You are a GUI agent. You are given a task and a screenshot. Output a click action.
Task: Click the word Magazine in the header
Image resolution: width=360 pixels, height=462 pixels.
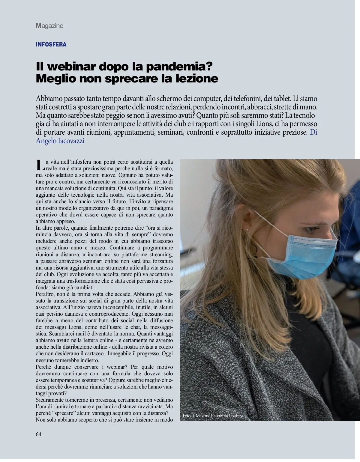(49, 26)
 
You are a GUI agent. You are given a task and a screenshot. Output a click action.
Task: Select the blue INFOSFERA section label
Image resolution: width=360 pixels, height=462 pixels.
(51, 45)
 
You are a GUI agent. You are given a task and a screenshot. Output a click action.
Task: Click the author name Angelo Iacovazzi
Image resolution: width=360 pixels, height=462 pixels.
(60, 141)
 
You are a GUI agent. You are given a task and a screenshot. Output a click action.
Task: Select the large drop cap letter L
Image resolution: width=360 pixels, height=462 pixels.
(40, 165)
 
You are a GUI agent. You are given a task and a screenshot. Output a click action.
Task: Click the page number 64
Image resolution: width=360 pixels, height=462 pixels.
(39, 434)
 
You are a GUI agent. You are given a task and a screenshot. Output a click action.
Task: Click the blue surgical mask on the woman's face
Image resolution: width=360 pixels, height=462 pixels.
(303, 255)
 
